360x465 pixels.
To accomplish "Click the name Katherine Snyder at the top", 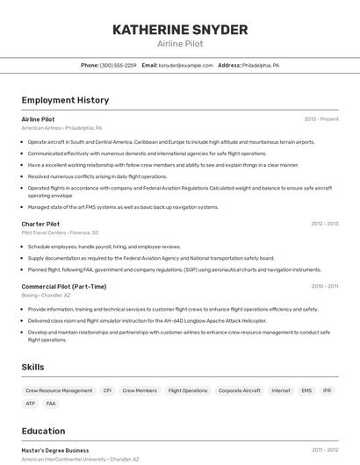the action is click(180, 30).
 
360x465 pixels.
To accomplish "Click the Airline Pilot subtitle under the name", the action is click(180, 43).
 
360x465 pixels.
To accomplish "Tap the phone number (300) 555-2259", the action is click(118, 65).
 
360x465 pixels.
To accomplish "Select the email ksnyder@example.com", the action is click(185, 65).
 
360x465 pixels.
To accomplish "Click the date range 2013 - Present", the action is click(321, 119).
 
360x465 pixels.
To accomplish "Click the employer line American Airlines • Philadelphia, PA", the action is click(61, 128).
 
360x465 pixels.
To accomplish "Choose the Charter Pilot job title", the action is click(40, 224).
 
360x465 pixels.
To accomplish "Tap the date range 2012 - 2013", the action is click(324, 224).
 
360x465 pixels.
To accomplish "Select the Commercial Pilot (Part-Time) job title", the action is click(64, 286).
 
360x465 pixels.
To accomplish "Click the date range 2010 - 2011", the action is click(324, 286).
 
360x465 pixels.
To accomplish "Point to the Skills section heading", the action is click(33, 367).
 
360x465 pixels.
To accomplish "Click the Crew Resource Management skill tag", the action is click(59, 390).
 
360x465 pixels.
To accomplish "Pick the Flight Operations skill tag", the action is click(188, 390).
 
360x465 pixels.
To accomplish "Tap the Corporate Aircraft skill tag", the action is click(239, 390).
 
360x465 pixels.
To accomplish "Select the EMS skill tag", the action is click(306, 390).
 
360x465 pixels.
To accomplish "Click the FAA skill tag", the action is click(51, 404).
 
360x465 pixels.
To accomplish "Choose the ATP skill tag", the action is click(31, 404).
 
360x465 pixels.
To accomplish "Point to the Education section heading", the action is click(43, 431).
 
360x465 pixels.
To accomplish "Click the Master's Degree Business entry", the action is click(55, 450).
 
